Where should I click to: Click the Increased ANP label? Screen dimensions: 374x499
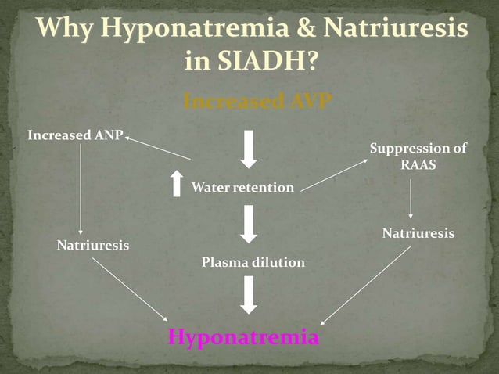pyautogui.click(x=75, y=135)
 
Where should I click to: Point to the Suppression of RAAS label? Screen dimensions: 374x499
pyautogui.click(x=418, y=156)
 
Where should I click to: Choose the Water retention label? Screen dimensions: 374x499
pyautogui.click(x=243, y=188)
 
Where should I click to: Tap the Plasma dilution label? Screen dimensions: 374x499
pyautogui.click(x=253, y=262)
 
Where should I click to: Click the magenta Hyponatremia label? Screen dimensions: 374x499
pyautogui.click(x=244, y=338)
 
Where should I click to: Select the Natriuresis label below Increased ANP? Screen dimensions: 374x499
pyautogui.click(x=93, y=245)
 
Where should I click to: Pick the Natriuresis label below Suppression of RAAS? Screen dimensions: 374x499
pyautogui.click(x=418, y=234)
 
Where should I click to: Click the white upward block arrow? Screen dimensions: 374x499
pyautogui.click(x=177, y=183)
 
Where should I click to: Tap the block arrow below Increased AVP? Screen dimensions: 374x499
pyautogui.click(x=249, y=149)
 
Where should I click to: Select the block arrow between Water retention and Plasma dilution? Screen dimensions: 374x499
pyautogui.click(x=249, y=224)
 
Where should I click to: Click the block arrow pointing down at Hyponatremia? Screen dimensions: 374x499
pyautogui.click(x=249, y=296)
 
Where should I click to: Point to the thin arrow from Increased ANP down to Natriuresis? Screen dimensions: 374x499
pyautogui.click(x=81, y=189)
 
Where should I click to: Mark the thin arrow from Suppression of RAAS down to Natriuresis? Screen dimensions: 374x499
pyautogui.click(x=411, y=200)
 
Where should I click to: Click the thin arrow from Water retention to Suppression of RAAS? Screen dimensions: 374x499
pyautogui.click(x=334, y=174)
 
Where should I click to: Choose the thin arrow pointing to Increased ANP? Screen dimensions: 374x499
pyautogui.click(x=157, y=148)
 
